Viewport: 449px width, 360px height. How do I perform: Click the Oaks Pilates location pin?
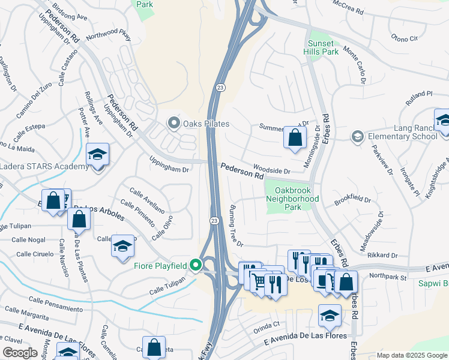click(x=174, y=124)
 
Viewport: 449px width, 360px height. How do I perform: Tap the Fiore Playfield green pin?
click(x=196, y=264)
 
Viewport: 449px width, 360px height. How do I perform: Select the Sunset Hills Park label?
click(x=323, y=48)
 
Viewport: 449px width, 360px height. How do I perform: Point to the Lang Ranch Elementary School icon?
click(x=357, y=137)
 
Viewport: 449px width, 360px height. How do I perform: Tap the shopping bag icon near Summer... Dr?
click(x=295, y=137)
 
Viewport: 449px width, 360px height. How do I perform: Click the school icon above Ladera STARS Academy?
click(x=97, y=155)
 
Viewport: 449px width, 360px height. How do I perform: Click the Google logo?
click(x=20, y=353)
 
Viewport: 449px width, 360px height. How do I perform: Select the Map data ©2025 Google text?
click(x=411, y=355)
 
